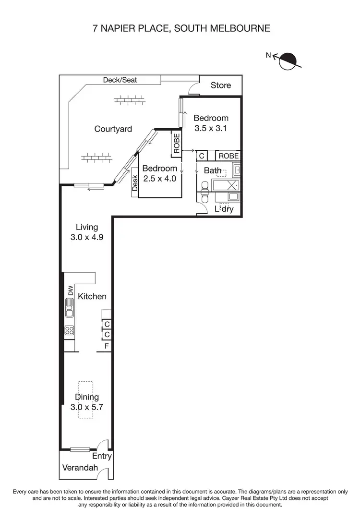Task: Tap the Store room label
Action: tap(221, 85)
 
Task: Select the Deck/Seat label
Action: tap(120, 80)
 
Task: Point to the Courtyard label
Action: tap(113, 129)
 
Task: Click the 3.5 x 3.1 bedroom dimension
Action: tap(211, 128)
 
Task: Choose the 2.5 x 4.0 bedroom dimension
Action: tap(160, 178)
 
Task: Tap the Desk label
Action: tap(135, 182)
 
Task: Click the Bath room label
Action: tap(213, 170)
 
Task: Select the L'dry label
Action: tap(223, 209)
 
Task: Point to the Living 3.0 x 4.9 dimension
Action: tap(87, 237)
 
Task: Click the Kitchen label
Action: tap(92, 296)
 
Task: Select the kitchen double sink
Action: tap(70, 308)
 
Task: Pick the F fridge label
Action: tap(107, 346)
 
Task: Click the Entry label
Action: tap(102, 456)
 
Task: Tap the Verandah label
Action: tap(80, 468)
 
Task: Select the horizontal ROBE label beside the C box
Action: tap(228, 156)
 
